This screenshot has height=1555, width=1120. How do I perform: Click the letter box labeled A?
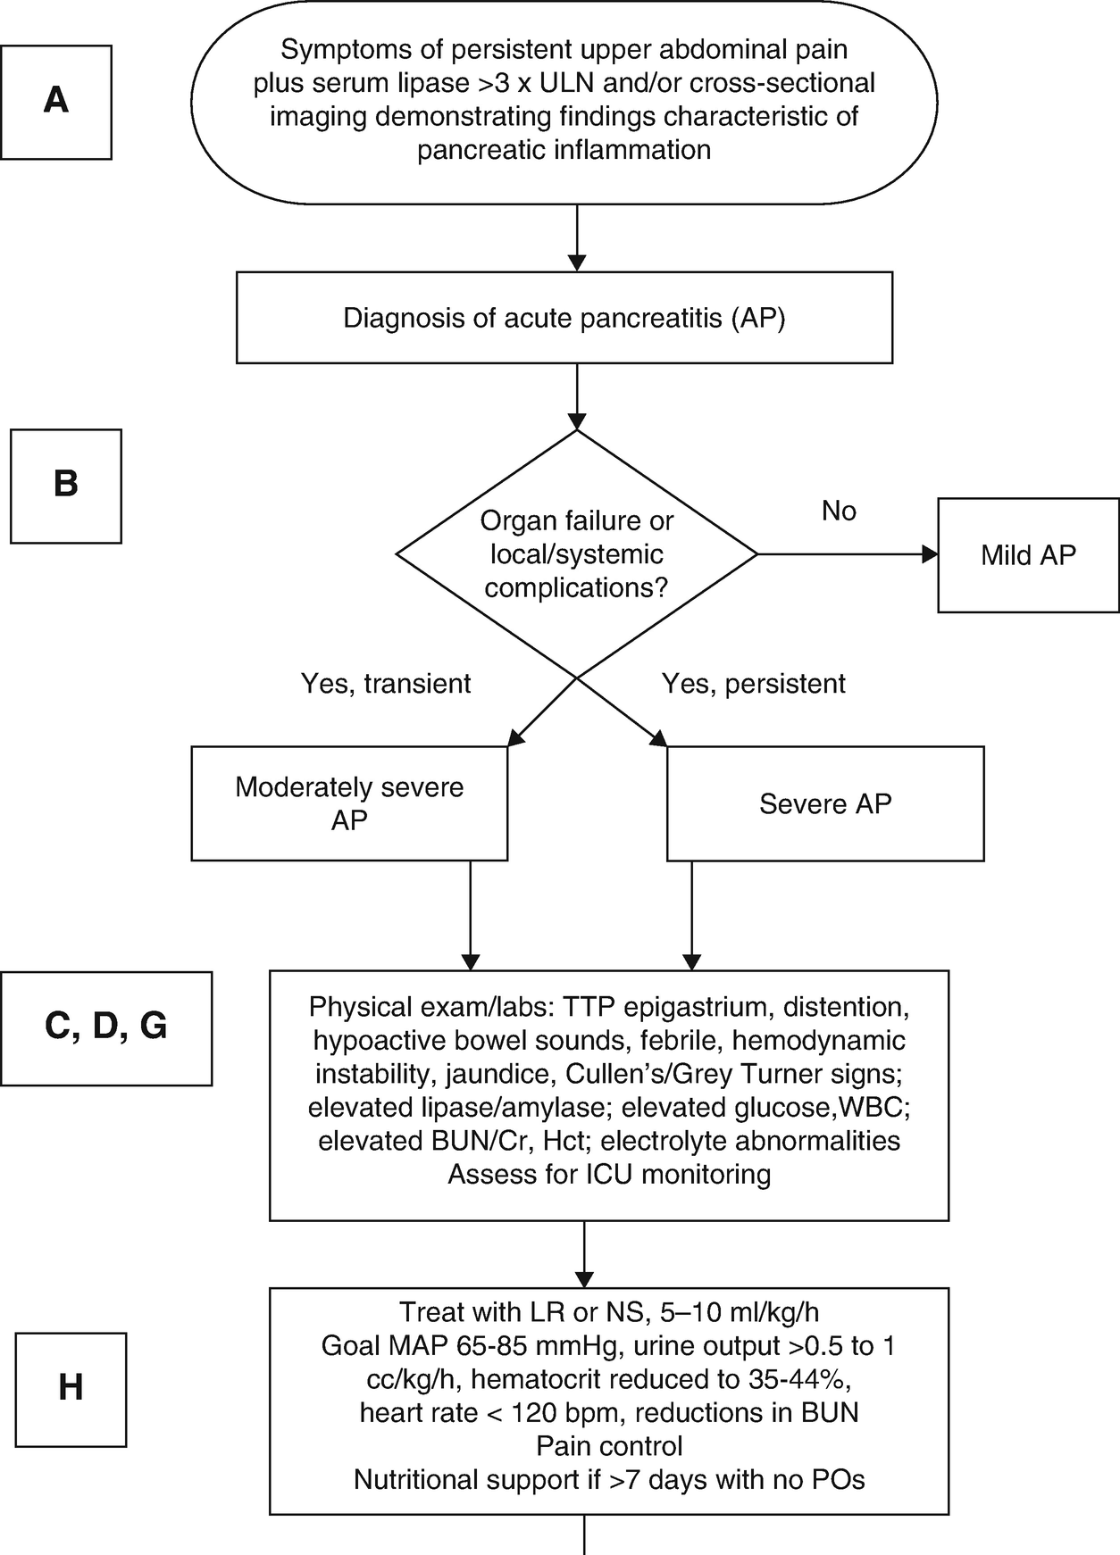pos(56,102)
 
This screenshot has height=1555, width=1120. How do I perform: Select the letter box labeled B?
pos(65,486)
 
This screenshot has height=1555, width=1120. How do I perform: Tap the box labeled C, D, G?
pos(106,1028)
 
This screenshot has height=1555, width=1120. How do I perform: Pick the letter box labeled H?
pos(71,1390)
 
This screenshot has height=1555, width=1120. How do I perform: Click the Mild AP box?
pos(1028,555)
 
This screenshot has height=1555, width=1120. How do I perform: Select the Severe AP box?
pos(825,803)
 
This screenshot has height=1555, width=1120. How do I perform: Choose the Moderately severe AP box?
pos(349,803)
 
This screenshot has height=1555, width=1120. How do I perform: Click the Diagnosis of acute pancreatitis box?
pos(564,318)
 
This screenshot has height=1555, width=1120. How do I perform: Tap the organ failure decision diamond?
pos(577,554)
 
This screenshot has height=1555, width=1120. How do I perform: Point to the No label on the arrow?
pos(839,511)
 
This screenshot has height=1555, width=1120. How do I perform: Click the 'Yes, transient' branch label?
pos(386,684)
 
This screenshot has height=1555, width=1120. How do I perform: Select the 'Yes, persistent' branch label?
pos(753,684)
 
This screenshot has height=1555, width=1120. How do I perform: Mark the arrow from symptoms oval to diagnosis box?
pos(577,237)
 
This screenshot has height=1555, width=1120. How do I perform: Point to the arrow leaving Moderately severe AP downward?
pos(470,916)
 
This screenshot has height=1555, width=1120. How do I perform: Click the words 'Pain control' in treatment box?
pos(609,1446)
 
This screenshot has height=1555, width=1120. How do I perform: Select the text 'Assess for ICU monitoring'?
pos(609,1174)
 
